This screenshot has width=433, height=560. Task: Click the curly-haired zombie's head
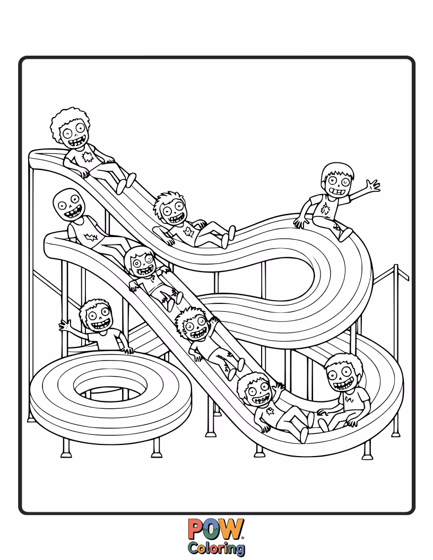tap(72, 130)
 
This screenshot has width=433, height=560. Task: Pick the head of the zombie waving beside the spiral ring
tap(96, 317)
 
